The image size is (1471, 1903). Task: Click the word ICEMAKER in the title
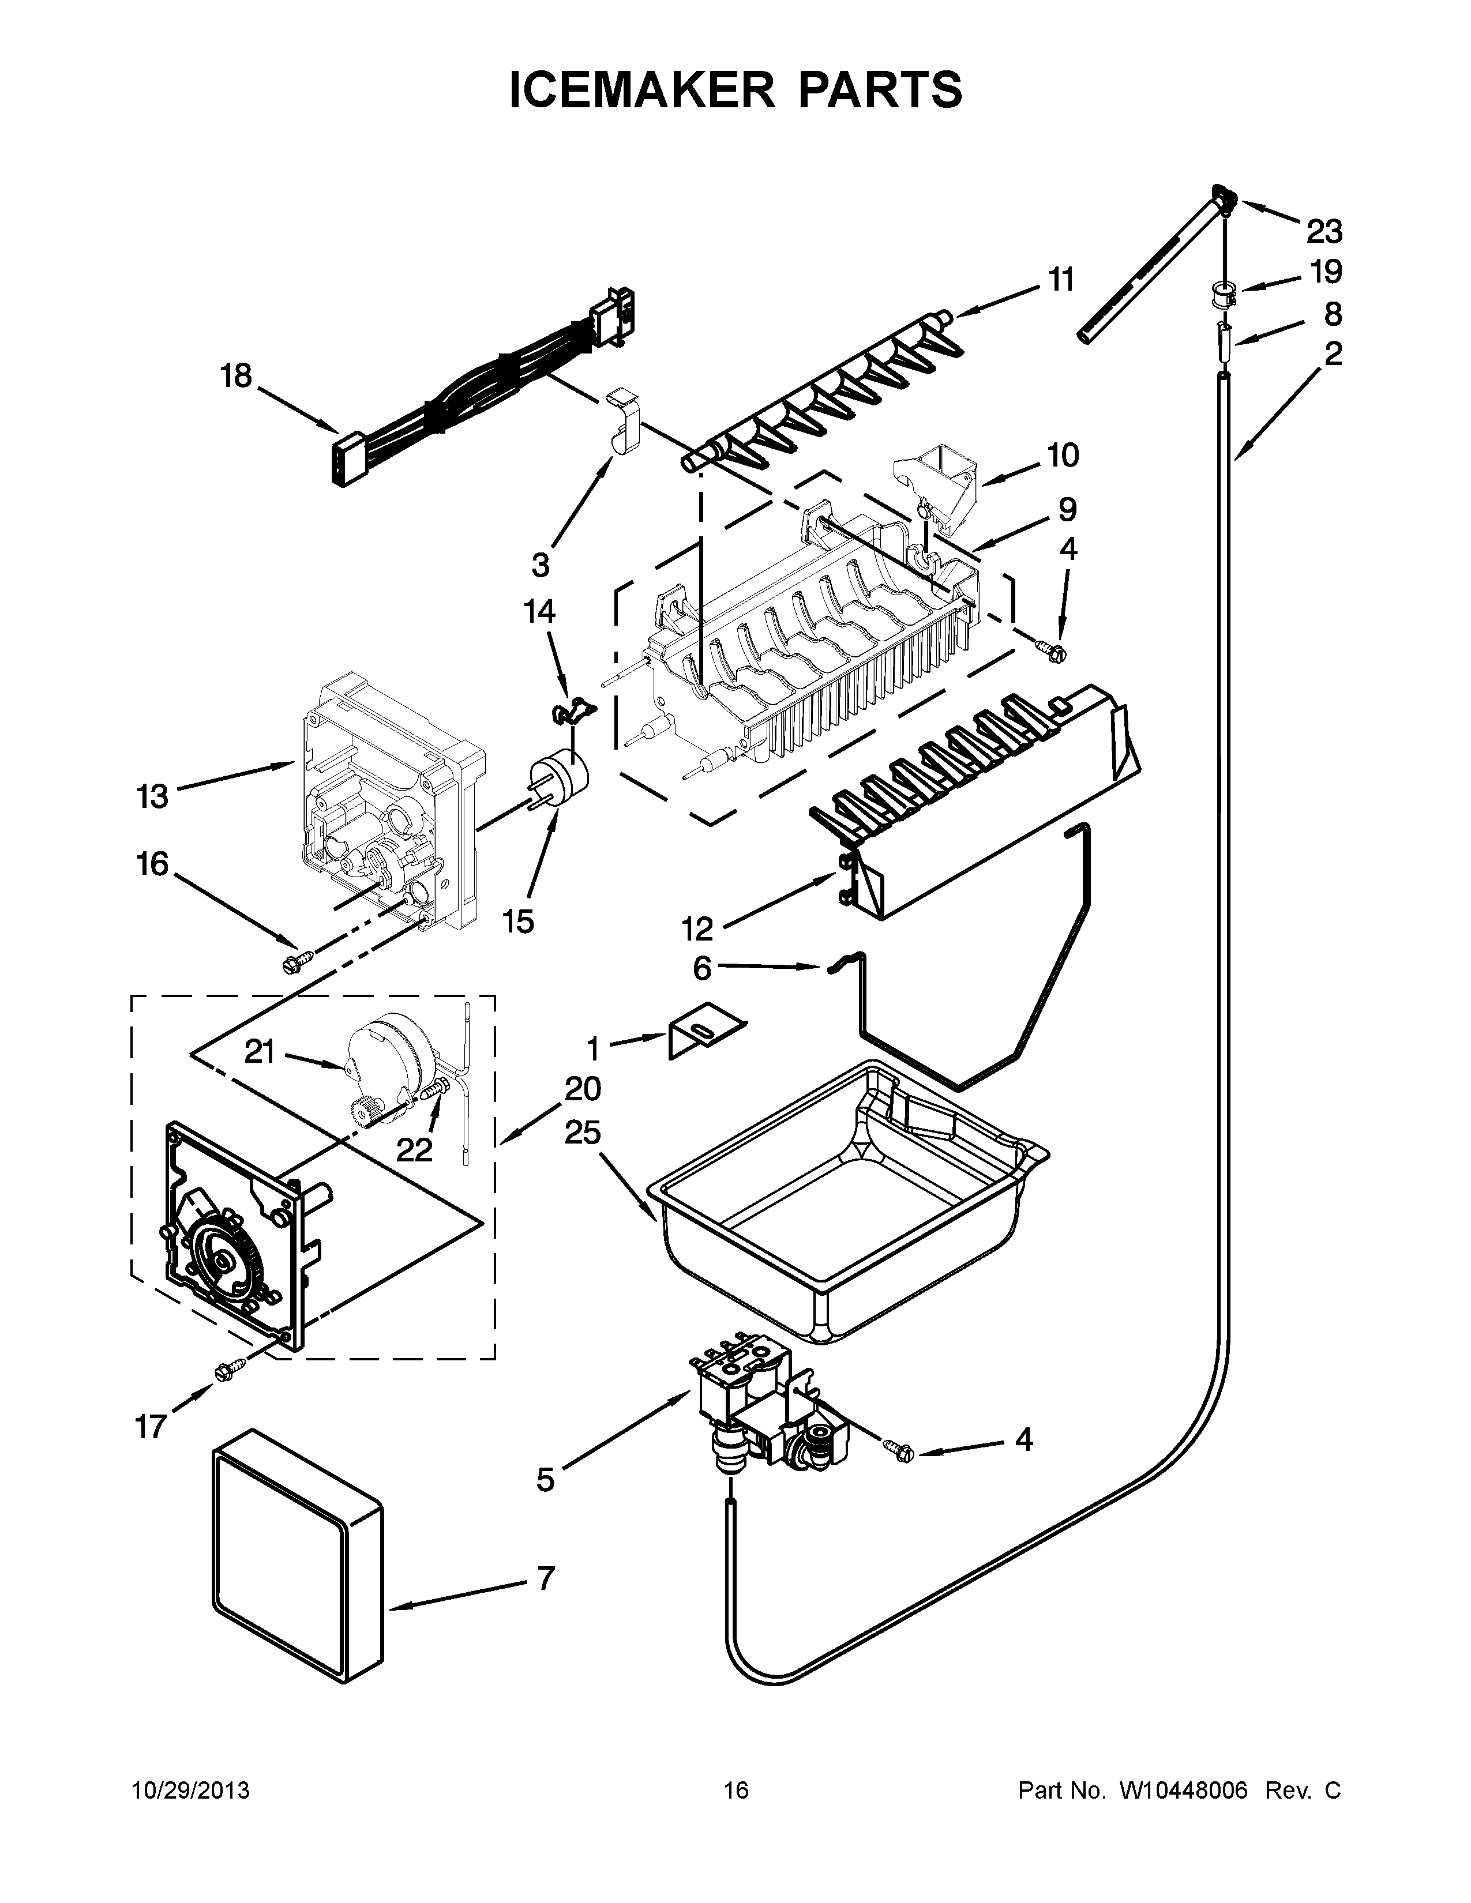[640, 90]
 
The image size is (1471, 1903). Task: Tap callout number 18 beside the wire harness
[236, 377]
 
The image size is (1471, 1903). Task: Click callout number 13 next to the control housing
[152, 796]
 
